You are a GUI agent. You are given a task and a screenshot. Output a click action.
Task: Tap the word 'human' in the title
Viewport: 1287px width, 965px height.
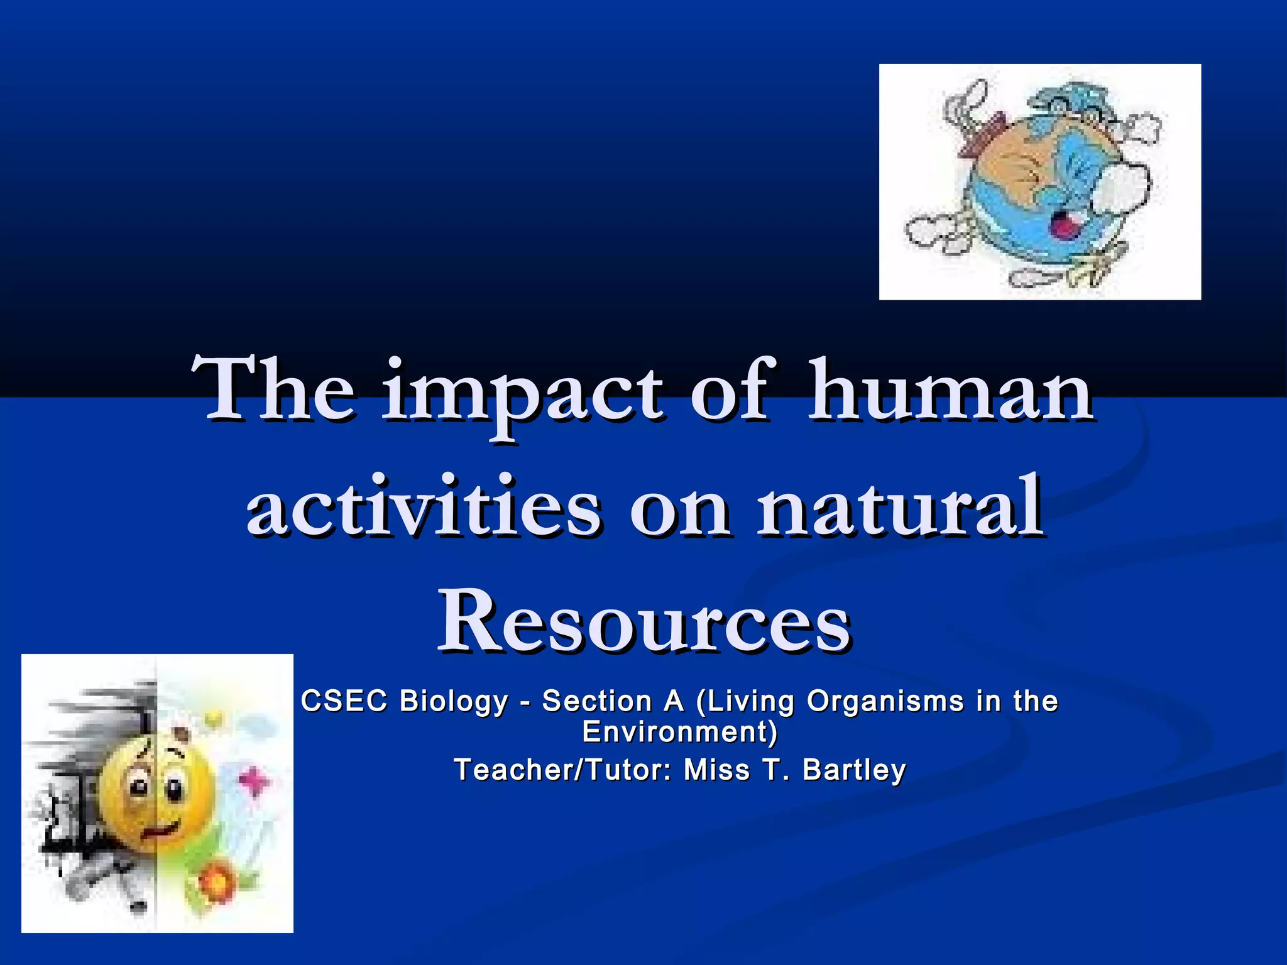pos(951,391)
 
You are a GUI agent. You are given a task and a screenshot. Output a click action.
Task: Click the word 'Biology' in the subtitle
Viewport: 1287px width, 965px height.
pos(454,701)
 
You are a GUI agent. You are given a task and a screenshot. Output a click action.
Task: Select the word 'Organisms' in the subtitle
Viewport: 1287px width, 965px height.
pos(885,701)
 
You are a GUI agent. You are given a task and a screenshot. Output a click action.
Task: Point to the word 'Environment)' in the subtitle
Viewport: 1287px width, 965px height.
pos(680,732)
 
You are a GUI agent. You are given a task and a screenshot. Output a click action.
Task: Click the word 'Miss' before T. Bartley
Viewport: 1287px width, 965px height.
pos(717,770)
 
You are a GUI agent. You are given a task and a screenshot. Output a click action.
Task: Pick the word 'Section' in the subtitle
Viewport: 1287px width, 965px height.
pos(596,701)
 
